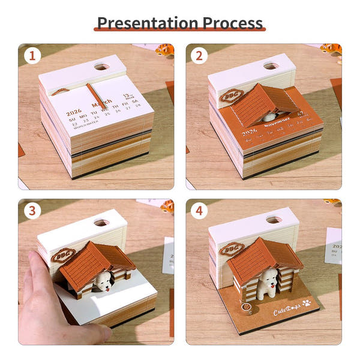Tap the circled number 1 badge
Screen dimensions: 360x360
coord(32,58)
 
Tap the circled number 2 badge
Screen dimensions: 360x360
coord(200,58)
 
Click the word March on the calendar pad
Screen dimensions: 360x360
coord(101,103)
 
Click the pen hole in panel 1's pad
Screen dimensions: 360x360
coord(101,66)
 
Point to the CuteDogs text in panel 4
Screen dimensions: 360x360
coord(287,311)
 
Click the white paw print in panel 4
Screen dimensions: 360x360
coord(307,303)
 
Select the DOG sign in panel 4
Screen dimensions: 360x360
coord(230,249)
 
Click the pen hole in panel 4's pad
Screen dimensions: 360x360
coord(274,220)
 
